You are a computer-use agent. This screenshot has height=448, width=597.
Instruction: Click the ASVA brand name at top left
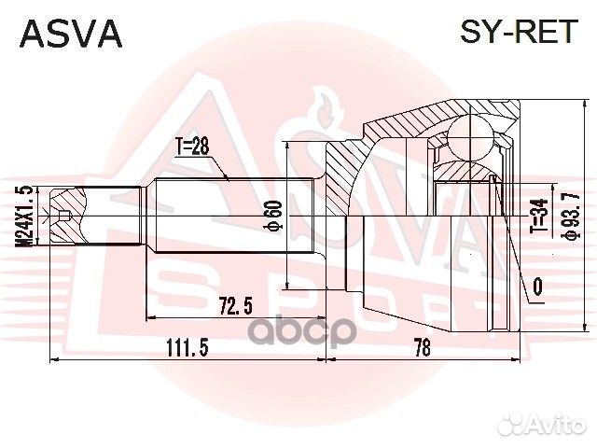point(71,34)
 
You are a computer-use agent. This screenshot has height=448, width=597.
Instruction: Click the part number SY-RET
point(519,31)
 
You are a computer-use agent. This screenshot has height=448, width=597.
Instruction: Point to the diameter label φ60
point(275,216)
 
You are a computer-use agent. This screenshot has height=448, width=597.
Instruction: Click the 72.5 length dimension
point(236,305)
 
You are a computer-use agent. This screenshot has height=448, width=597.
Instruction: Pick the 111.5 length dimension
point(187,347)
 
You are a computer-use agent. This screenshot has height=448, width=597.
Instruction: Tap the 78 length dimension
point(423,347)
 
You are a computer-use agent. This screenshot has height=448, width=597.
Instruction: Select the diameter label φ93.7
point(572,216)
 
